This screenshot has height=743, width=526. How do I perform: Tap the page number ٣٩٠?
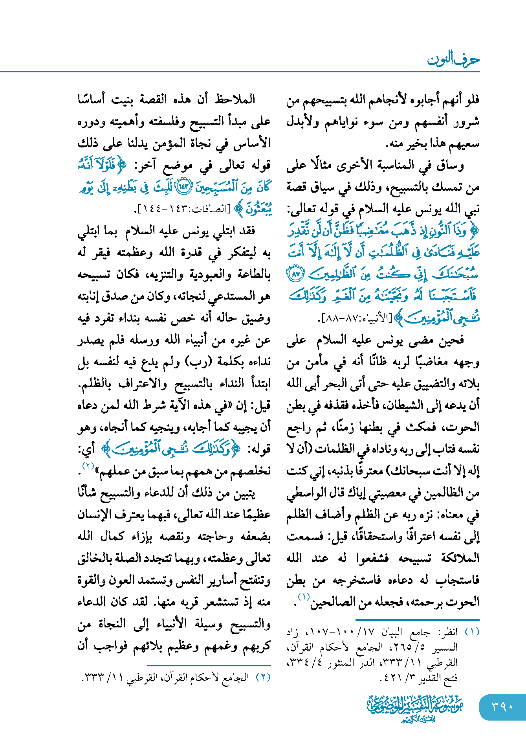(502, 707)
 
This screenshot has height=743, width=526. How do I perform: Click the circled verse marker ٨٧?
(296, 274)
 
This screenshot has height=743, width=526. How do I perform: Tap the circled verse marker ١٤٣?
(183, 187)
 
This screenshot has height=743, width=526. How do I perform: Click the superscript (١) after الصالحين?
(303, 597)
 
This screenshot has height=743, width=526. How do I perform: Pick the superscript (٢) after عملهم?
(87, 466)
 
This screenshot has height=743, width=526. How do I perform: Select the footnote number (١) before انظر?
(472, 632)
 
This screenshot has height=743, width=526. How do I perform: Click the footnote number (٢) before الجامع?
(263, 677)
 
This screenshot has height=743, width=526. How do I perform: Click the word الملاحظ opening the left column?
(235, 99)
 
